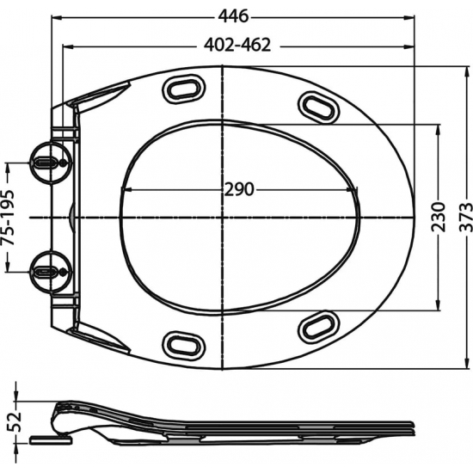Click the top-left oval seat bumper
click(184, 89)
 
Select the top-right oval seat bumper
click(318, 105)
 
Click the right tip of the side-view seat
click(415, 424)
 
